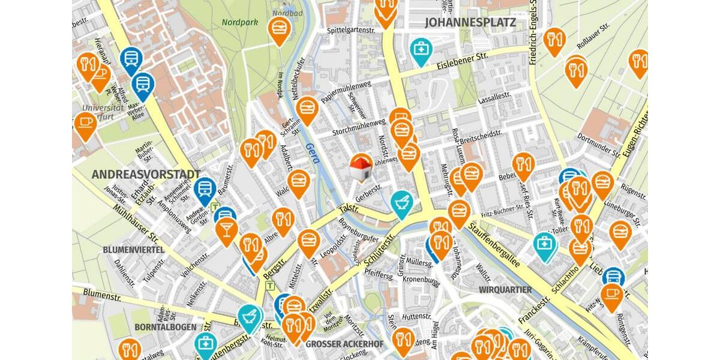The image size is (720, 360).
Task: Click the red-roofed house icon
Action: (x=361, y=168)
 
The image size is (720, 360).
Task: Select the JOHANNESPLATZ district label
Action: (x=470, y=23)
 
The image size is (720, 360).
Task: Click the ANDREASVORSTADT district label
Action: (x=146, y=174)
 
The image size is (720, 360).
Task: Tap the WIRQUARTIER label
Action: (x=505, y=290)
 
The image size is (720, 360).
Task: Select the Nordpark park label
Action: (x=239, y=22)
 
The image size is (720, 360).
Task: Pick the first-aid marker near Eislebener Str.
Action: (x=421, y=49)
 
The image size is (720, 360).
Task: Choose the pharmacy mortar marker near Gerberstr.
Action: (x=402, y=202)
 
